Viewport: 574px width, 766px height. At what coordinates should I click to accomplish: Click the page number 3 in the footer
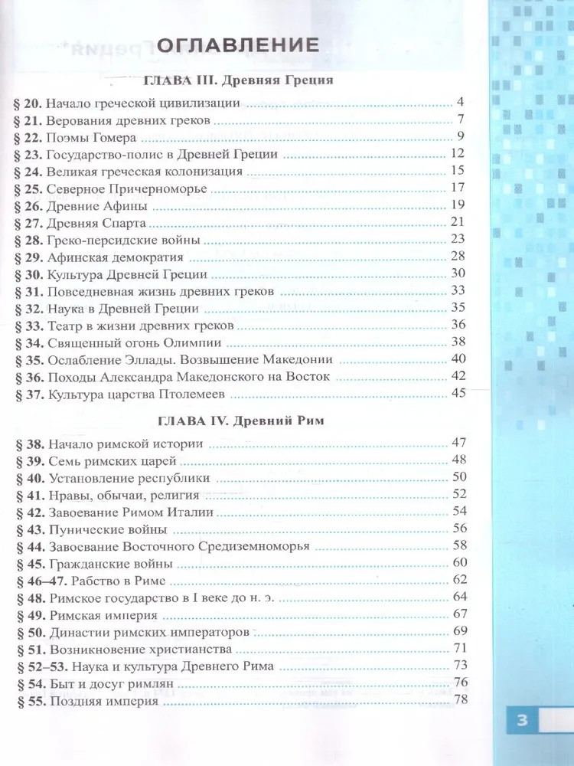523,720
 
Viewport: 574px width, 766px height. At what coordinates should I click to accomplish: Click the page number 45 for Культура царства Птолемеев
458,394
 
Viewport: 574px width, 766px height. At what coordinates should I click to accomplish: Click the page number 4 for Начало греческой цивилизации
461,102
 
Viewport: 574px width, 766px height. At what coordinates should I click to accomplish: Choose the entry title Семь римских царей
112,461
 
